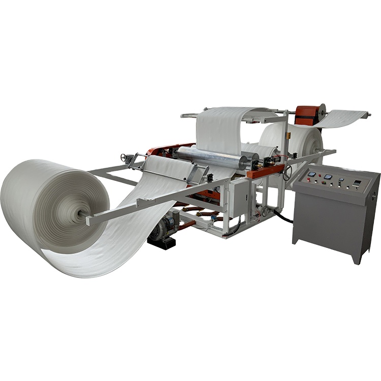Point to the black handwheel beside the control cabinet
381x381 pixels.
(288, 173)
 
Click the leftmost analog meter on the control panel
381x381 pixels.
(311, 174)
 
